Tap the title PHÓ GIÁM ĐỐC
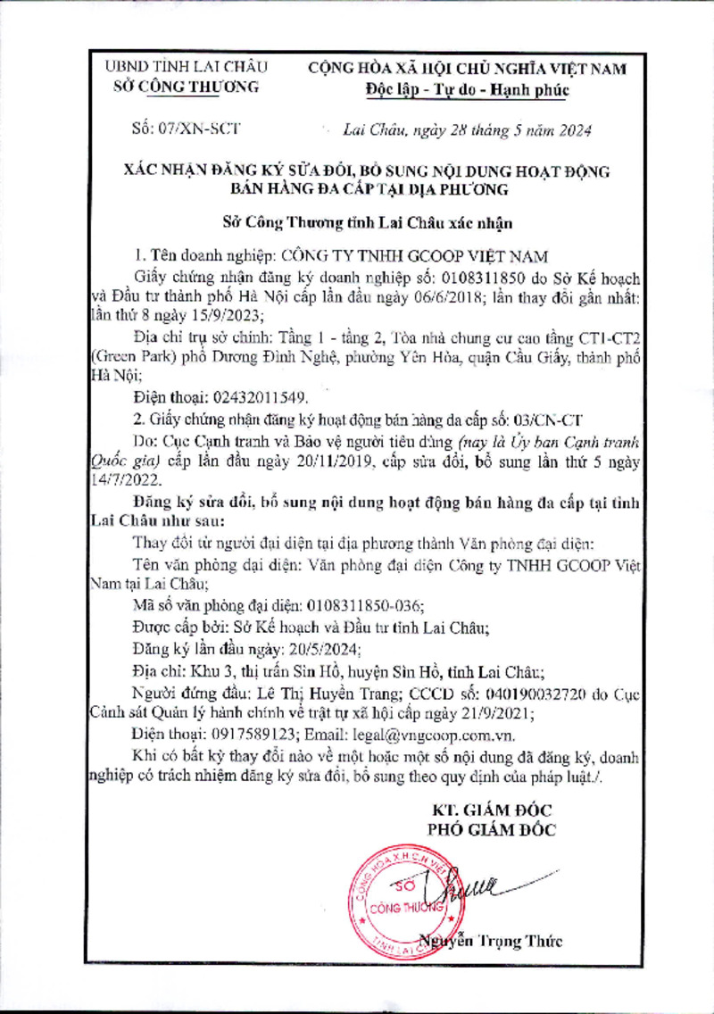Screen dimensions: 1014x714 coord(491,829)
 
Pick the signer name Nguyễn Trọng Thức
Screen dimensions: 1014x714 coord(494,941)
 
